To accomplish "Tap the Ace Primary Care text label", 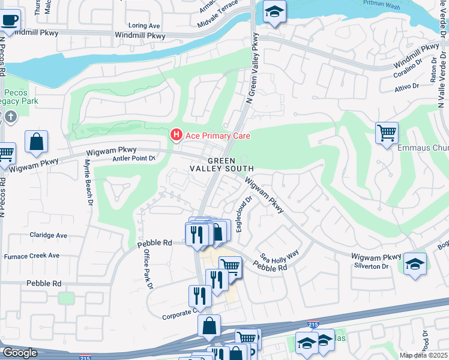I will [x=217, y=136].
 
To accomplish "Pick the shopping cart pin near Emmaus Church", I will [x=387, y=132].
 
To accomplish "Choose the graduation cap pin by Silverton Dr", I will [x=415, y=264].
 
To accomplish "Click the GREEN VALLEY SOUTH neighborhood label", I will [x=231, y=165].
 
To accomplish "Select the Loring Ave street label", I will [x=145, y=26].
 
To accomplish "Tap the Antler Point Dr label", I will [x=134, y=158].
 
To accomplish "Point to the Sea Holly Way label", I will [x=279, y=256].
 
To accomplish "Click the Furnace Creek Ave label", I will [x=32, y=256].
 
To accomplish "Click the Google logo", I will [x=20, y=353].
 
